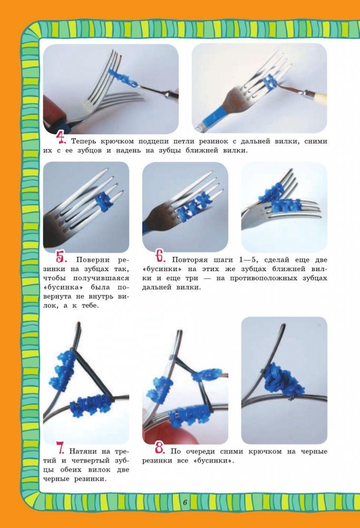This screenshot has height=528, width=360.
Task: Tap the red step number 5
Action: click(62, 258)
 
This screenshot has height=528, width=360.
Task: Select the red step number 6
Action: click(161, 257)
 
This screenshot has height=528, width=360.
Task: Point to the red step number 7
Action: click(61, 449)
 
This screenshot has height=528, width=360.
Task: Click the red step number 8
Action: click(160, 449)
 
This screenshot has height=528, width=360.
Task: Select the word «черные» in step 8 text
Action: click(314, 452)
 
